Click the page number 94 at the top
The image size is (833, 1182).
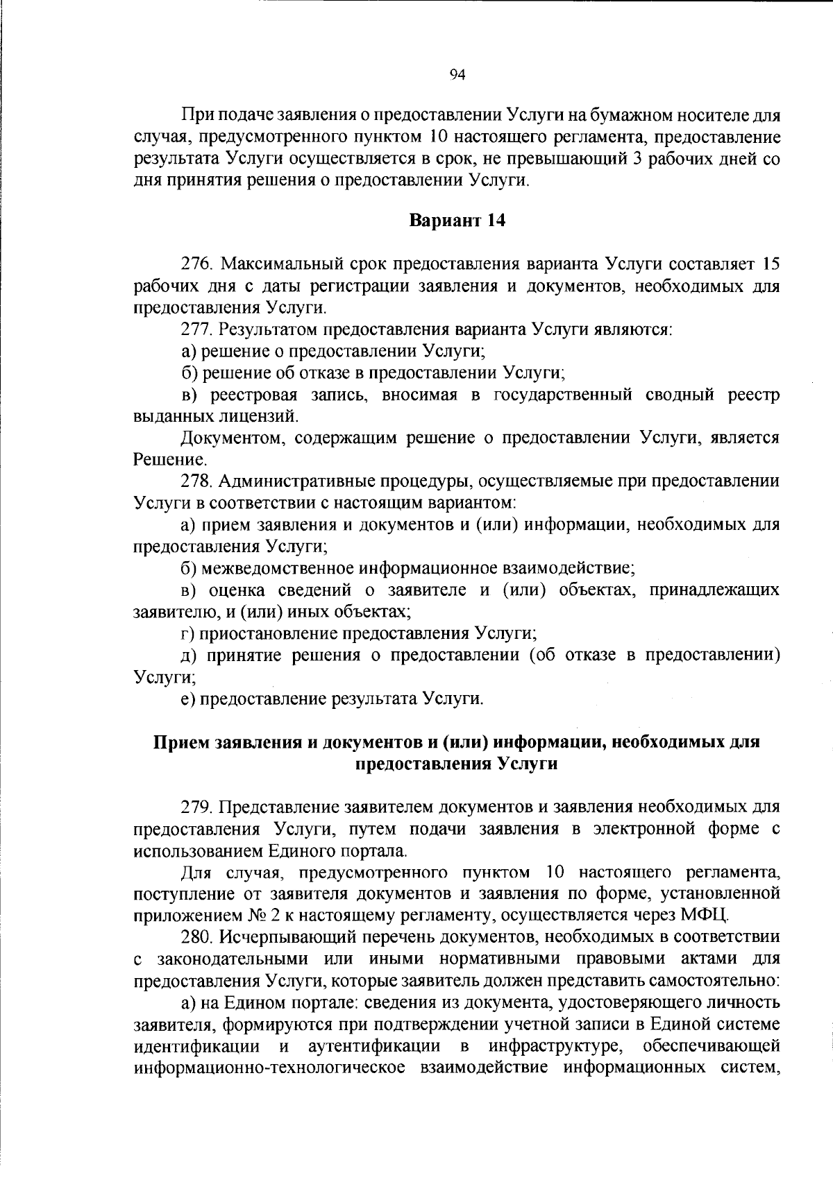(x=457, y=76)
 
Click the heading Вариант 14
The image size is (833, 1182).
(x=457, y=221)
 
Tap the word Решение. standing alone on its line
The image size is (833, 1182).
(x=160, y=460)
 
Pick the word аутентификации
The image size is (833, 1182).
(x=374, y=1045)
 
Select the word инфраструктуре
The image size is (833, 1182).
(x=555, y=1045)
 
